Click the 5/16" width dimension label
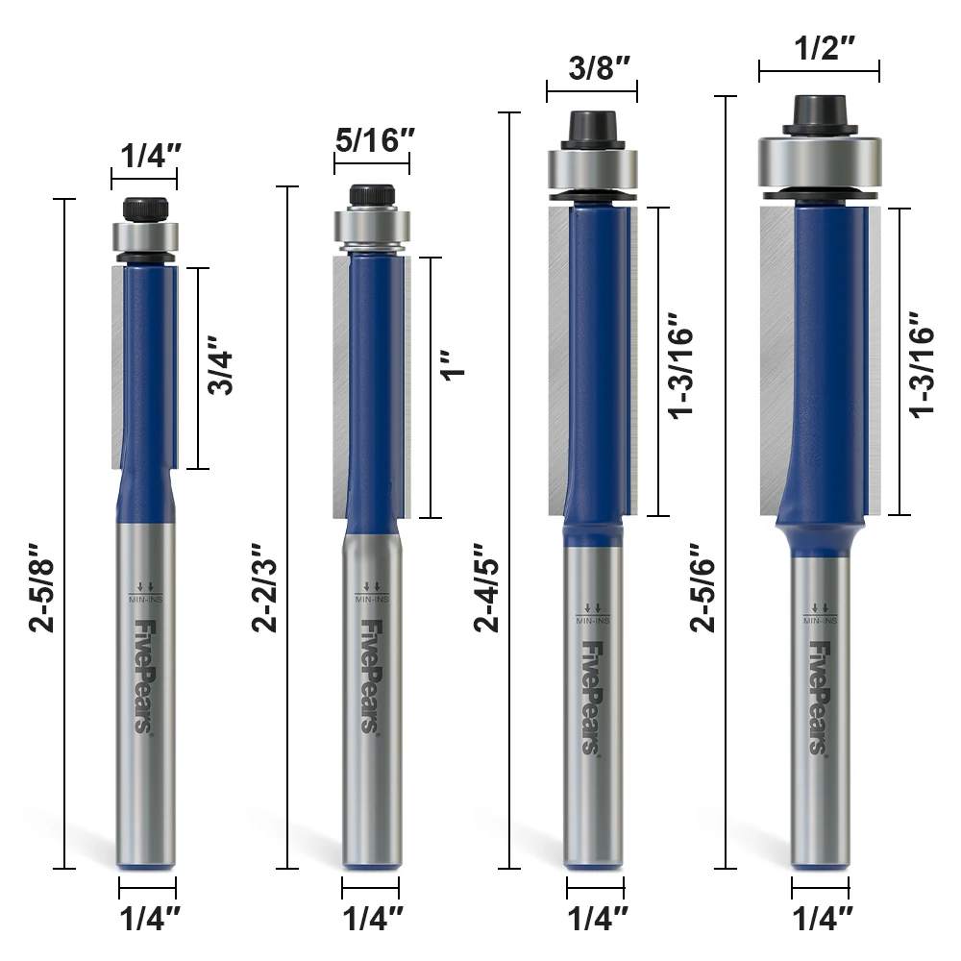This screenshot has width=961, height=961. (375, 140)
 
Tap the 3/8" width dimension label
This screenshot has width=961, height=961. (600, 67)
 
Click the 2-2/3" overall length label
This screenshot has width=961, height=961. (265, 586)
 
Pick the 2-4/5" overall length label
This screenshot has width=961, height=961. (486, 586)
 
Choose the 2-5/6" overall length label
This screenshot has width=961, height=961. (703, 586)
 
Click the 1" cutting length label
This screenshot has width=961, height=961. (455, 366)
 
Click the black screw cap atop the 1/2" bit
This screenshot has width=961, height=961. (819, 113)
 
